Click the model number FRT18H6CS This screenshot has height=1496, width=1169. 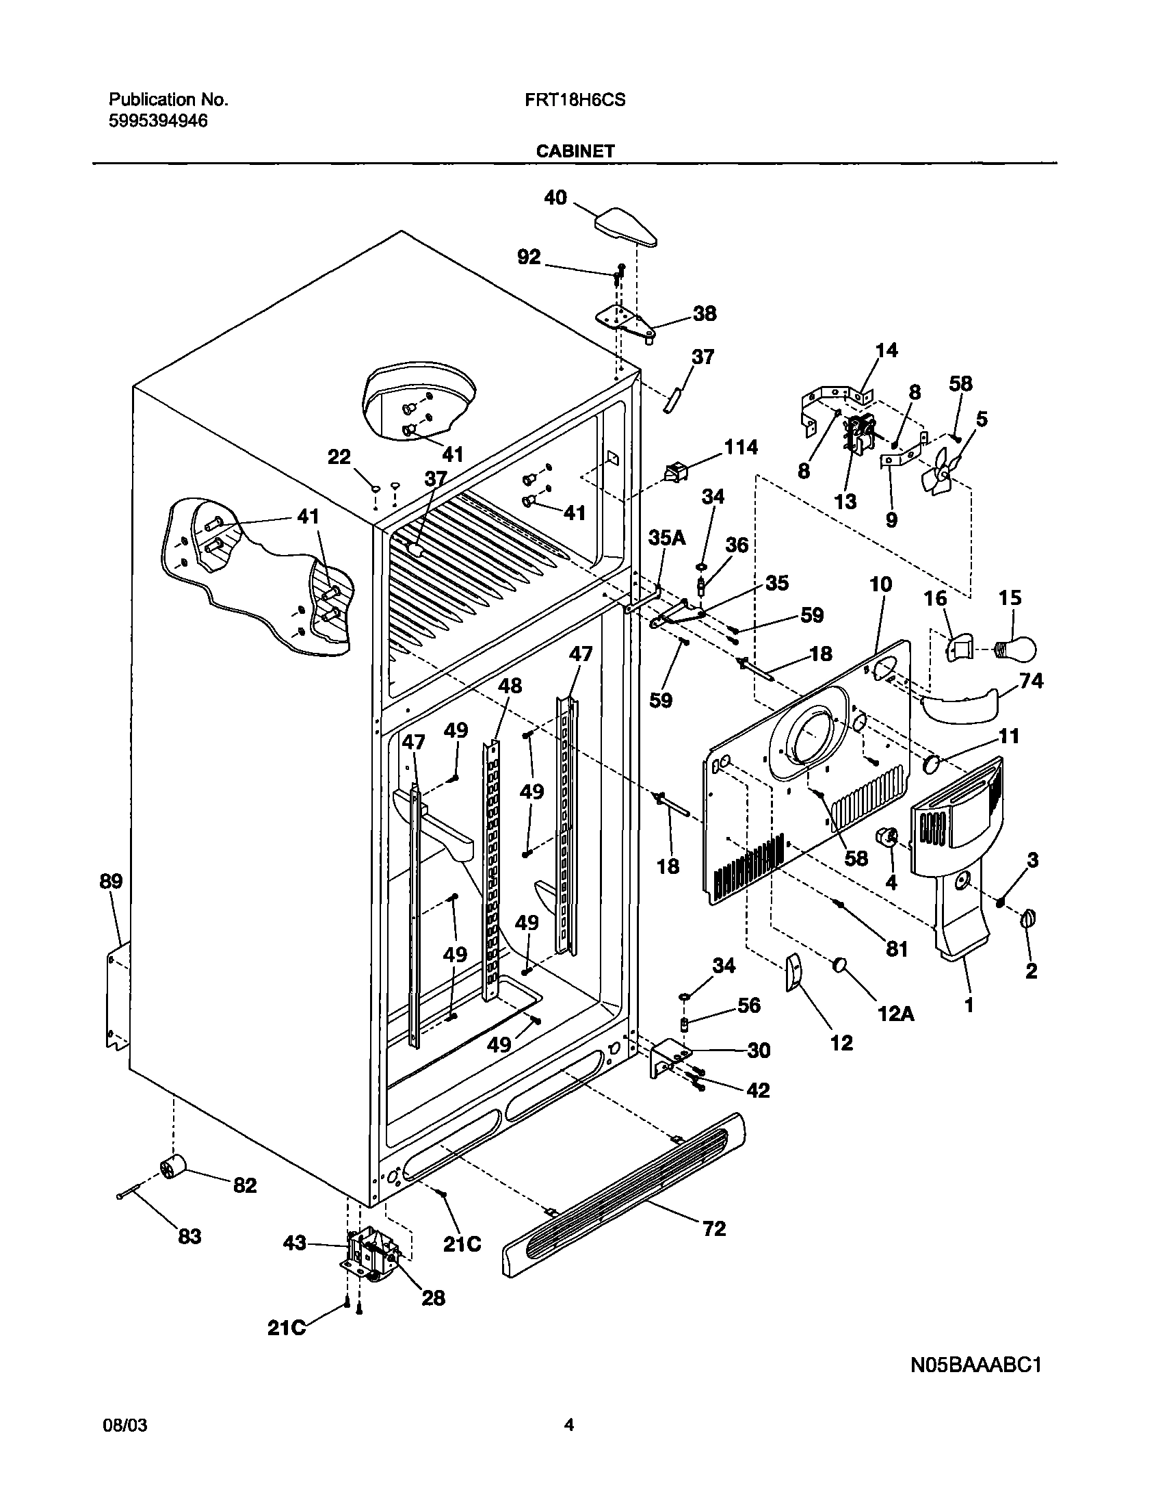tap(575, 100)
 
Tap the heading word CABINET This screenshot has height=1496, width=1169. tap(575, 151)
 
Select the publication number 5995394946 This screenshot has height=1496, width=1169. tap(158, 121)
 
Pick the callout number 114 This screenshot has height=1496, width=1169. tap(740, 448)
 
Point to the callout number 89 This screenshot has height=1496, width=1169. tap(111, 881)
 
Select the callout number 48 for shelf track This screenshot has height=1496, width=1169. tap(510, 685)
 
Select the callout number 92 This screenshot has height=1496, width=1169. tap(529, 257)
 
